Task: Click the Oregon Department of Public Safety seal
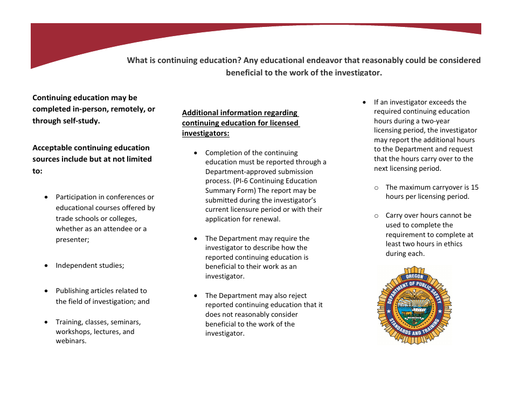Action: pos(414,305)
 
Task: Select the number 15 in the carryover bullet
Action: pos(474,187)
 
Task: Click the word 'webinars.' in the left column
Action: pos(71,341)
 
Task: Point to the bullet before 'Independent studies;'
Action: pos(46,266)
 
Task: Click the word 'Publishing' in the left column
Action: pos(72,291)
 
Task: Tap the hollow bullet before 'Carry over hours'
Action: pos(376,216)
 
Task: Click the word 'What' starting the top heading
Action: pos(137,60)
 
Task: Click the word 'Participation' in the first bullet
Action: pos(77,197)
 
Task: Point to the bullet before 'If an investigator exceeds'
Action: pos(365,102)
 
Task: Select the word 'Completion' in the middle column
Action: pos(224,153)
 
